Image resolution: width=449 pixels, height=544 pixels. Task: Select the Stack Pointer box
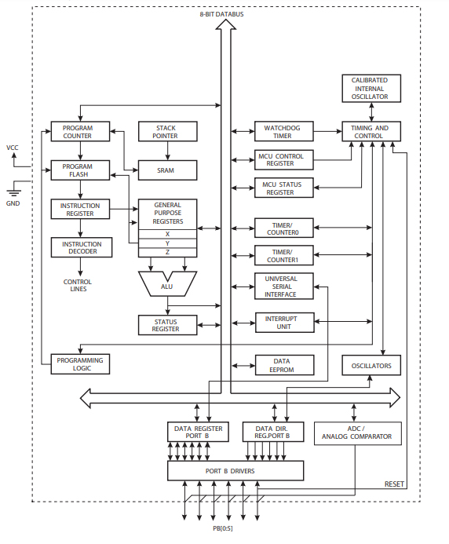pos(166,131)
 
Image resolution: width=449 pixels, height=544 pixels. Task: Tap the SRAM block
pos(166,170)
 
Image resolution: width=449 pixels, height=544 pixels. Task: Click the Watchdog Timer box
pos(283,131)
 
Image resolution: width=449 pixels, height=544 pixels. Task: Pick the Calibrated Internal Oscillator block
pos(371,88)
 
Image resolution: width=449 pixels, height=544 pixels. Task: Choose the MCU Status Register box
pos(283,188)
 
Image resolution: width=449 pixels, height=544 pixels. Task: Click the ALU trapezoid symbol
pos(166,284)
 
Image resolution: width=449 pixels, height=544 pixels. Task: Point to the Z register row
pos(166,252)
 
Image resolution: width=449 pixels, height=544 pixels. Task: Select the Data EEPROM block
pos(283,365)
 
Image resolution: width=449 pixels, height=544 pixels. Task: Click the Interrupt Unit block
pos(283,323)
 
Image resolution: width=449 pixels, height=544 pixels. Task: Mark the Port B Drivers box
pos(235,471)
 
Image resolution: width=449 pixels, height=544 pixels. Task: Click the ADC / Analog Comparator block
pos(357,433)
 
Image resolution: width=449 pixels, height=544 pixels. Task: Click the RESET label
pos(395,484)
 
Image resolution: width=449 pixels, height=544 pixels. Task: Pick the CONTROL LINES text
pos(77,285)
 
